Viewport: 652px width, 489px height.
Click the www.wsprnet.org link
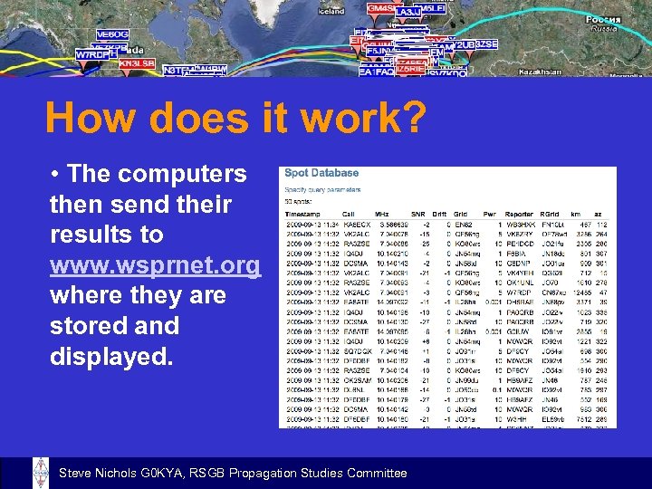click(155, 265)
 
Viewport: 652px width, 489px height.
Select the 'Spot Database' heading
click(321, 173)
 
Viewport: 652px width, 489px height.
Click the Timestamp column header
click(302, 213)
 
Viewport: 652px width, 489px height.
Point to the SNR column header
click(420, 213)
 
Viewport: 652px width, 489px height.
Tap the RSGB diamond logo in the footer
click(41, 473)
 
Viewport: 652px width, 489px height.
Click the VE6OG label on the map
click(112, 34)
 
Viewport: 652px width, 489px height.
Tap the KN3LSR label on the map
click(137, 64)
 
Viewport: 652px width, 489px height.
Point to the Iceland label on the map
click(331, 11)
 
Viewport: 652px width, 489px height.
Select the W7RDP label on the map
click(92, 54)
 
